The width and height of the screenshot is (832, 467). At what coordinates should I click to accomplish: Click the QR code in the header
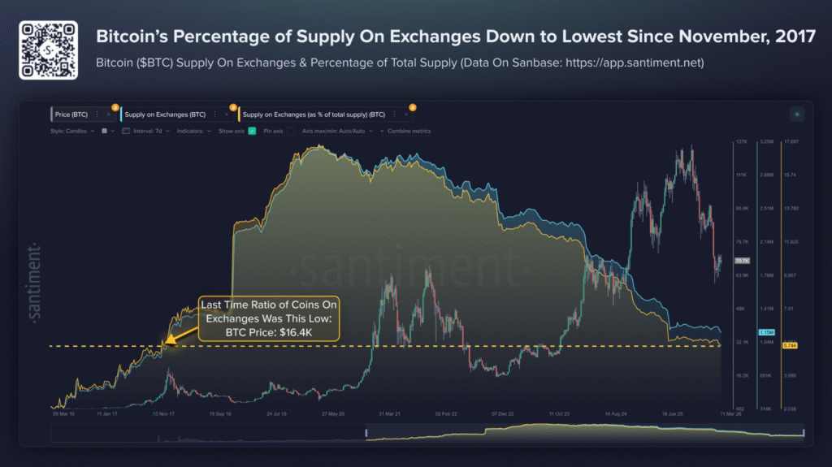(x=49, y=49)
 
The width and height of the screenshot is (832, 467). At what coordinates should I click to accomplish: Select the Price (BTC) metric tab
(x=73, y=115)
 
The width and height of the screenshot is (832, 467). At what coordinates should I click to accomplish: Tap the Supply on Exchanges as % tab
(x=313, y=115)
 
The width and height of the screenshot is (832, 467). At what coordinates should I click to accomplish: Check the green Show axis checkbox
(x=253, y=131)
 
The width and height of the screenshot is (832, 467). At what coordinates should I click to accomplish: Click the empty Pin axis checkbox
(x=289, y=131)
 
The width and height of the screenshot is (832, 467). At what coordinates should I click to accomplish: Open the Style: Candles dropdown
(x=71, y=131)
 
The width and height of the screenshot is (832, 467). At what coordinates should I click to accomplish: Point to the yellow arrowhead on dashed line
(x=167, y=344)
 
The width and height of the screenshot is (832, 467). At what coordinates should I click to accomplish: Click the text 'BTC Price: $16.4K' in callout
(x=268, y=332)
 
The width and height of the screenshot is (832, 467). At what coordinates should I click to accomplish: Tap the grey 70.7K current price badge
(x=741, y=261)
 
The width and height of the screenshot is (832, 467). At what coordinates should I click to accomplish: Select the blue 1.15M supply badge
(x=765, y=333)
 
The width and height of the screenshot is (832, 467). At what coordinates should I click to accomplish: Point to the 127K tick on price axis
(x=741, y=141)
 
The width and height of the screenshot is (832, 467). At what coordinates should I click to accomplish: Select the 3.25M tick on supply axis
(x=765, y=141)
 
